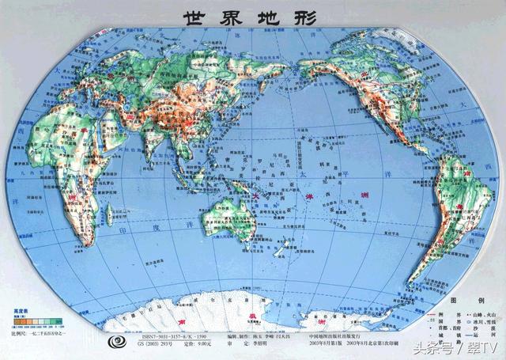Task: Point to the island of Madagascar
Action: pyautogui.click(x=119, y=224)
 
